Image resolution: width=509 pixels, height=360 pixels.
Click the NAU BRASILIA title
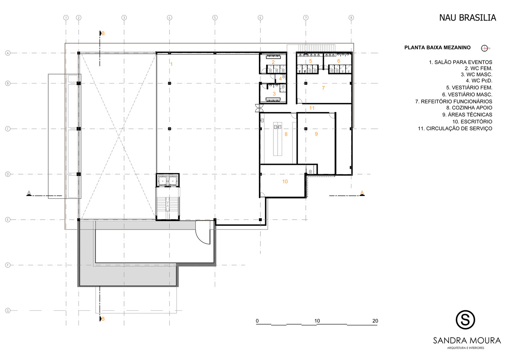(467, 18)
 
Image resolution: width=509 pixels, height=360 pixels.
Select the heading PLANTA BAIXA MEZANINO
(437, 48)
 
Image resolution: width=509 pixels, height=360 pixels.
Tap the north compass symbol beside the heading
(484, 48)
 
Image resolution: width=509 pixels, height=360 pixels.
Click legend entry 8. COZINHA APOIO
(469, 108)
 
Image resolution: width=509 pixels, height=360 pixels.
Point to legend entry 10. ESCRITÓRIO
(472, 121)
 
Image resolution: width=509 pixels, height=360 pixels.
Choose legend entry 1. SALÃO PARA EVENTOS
(460, 62)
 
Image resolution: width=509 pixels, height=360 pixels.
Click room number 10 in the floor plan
(285, 181)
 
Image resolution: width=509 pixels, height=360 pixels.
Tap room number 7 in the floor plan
(323, 88)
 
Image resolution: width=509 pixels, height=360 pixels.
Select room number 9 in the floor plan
(316, 134)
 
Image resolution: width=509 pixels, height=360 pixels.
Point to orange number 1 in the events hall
(172, 64)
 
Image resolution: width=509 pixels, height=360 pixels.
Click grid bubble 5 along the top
(215, 18)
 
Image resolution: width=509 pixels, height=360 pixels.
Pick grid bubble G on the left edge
(8, 310)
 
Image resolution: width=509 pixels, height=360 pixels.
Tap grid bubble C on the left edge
(8, 129)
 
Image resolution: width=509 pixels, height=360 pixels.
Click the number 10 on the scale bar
(317, 321)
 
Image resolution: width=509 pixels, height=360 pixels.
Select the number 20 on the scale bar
(375, 321)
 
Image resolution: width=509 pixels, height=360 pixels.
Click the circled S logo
(465, 320)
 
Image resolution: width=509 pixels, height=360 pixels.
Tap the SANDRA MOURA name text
(467, 341)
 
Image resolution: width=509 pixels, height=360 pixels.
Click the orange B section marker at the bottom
(103, 319)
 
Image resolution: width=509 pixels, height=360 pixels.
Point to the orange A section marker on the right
(362, 193)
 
